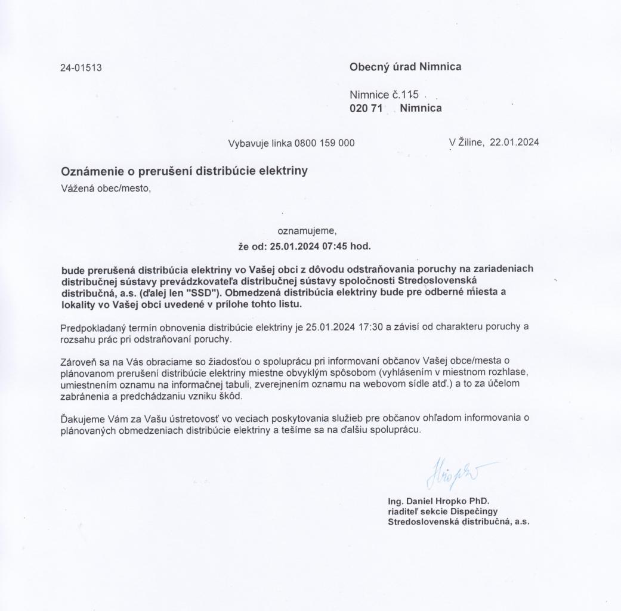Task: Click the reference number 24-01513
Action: [81, 67]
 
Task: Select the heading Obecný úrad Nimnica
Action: [405, 67]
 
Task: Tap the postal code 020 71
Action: [365, 108]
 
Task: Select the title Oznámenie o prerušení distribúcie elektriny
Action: [184, 172]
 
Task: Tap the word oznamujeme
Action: [307, 230]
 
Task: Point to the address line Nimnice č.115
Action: [385, 95]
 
